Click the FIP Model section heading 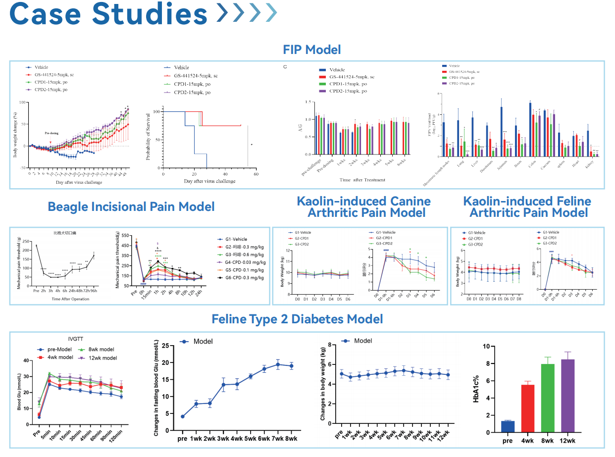point(311,50)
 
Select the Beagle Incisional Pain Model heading point(131,206)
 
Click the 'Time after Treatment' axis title point(362,180)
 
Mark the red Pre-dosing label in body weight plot point(51,133)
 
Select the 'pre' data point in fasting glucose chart point(183,416)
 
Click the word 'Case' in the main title point(47,15)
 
